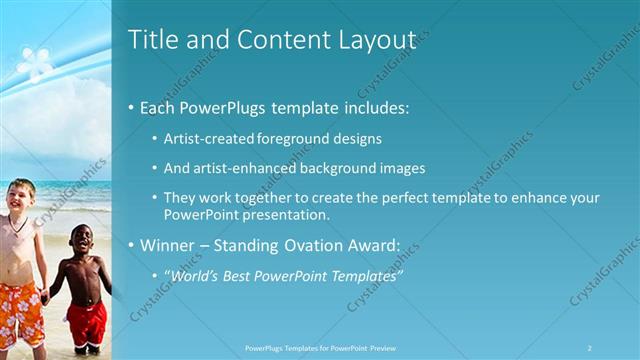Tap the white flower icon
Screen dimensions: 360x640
[x=35, y=62]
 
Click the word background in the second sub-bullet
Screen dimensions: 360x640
[x=342, y=168]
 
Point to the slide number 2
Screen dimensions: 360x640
[x=589, y=348]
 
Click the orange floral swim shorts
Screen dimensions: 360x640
[x=20, y=310]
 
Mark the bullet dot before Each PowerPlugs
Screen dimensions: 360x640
[x=132, y=108]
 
